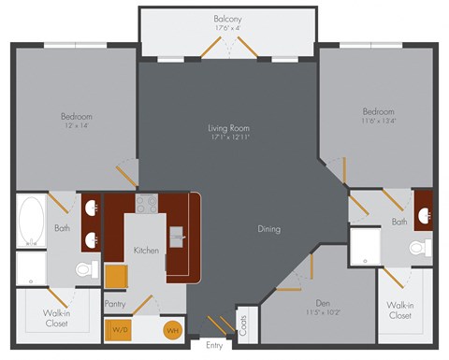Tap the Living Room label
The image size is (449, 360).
pos(228,127)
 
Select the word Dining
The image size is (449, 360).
pos(270,228)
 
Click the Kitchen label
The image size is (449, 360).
pos(146,251)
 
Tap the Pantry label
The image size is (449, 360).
pos(115,303)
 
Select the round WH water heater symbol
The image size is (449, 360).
pos(172,329)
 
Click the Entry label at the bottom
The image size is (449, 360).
pos(214,346)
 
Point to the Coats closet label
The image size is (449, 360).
pos(243,325)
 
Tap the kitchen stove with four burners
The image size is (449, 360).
pos(147,203)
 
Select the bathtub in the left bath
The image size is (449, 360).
pos(30,221)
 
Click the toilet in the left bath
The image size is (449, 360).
pos(85,270)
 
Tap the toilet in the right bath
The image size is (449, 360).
pos(422,248)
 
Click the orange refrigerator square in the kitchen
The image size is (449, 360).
pos(116,276)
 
